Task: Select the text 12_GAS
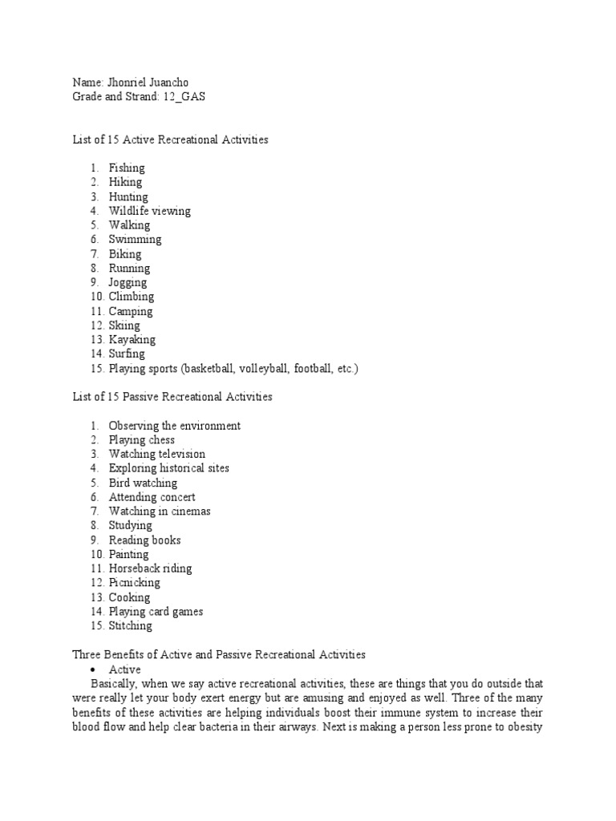[192, 97]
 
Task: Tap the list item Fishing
[127, 168]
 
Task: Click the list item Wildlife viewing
[150, 211]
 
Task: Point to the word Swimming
[135, 239]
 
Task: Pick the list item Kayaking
[132, 340]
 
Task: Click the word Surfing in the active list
[127, 354]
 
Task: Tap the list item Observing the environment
[175, 426]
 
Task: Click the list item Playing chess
[142, 439]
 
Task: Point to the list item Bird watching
[144, 483]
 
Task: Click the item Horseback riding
[151, 568]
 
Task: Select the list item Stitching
[130, 625]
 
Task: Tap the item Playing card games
[156, 612]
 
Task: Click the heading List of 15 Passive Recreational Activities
[172, 397]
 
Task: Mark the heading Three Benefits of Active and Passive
[219, 655]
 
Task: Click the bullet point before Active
[96, 669]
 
